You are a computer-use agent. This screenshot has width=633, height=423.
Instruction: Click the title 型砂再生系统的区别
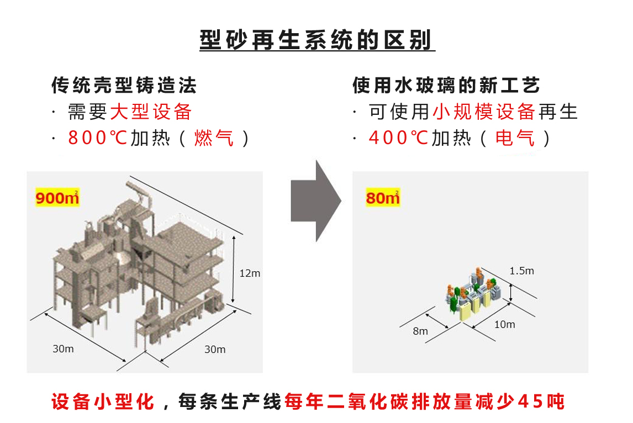[x=317, y=40]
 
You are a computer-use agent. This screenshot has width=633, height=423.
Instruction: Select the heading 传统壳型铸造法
[x=124, y=86]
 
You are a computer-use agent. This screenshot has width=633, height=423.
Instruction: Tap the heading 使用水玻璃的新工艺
[x=446, y=86]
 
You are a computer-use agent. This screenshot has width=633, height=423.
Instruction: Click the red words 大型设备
[x=151, y=112]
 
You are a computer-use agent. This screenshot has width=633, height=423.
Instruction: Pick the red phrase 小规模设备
[x=483, y=112]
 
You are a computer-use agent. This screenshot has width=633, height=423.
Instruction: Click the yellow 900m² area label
[x=57, y=197]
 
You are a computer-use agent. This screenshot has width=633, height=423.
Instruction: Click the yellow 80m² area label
[x=382, y=197]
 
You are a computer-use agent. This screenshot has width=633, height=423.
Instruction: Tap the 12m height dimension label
[x=250, y=273]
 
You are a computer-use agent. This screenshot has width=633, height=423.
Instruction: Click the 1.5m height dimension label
[x=521, y=271]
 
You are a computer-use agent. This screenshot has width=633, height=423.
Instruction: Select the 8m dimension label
[x=420, y=331]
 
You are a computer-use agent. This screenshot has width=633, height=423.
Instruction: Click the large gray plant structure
[x=138, y=265]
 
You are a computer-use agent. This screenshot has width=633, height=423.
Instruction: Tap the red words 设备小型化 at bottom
[x=103, y=401]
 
